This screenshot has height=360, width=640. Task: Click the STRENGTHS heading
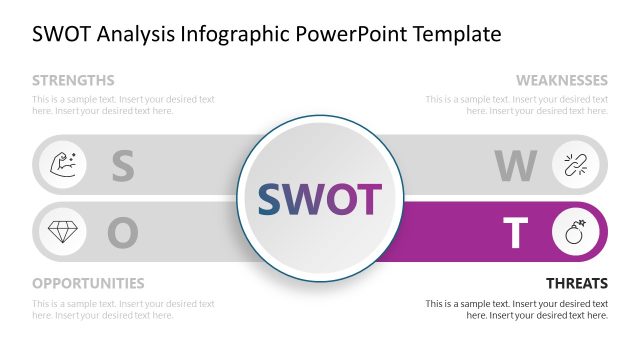(73, 80)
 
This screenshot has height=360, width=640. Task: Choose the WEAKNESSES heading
(561, 80)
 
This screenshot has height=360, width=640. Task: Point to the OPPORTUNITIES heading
(88, 283)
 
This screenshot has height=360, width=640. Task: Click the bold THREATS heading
(576, 283)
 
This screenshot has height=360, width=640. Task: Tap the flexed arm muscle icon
(61, 164)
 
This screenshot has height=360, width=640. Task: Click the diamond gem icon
(61, 232)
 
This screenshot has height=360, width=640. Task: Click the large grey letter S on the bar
(122, 166)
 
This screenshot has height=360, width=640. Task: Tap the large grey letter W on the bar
(515, 166)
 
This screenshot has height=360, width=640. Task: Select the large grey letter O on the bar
(122, 233)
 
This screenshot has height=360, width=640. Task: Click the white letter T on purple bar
(515, 233)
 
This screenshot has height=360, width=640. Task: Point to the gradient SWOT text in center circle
(320, 200)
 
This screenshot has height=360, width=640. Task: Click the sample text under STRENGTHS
(123, 105)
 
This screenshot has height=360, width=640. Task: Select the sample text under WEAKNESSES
(516, 105)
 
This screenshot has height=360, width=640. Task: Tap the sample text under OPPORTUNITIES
(123, 309)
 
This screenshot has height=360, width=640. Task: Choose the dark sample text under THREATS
(516, 309)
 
